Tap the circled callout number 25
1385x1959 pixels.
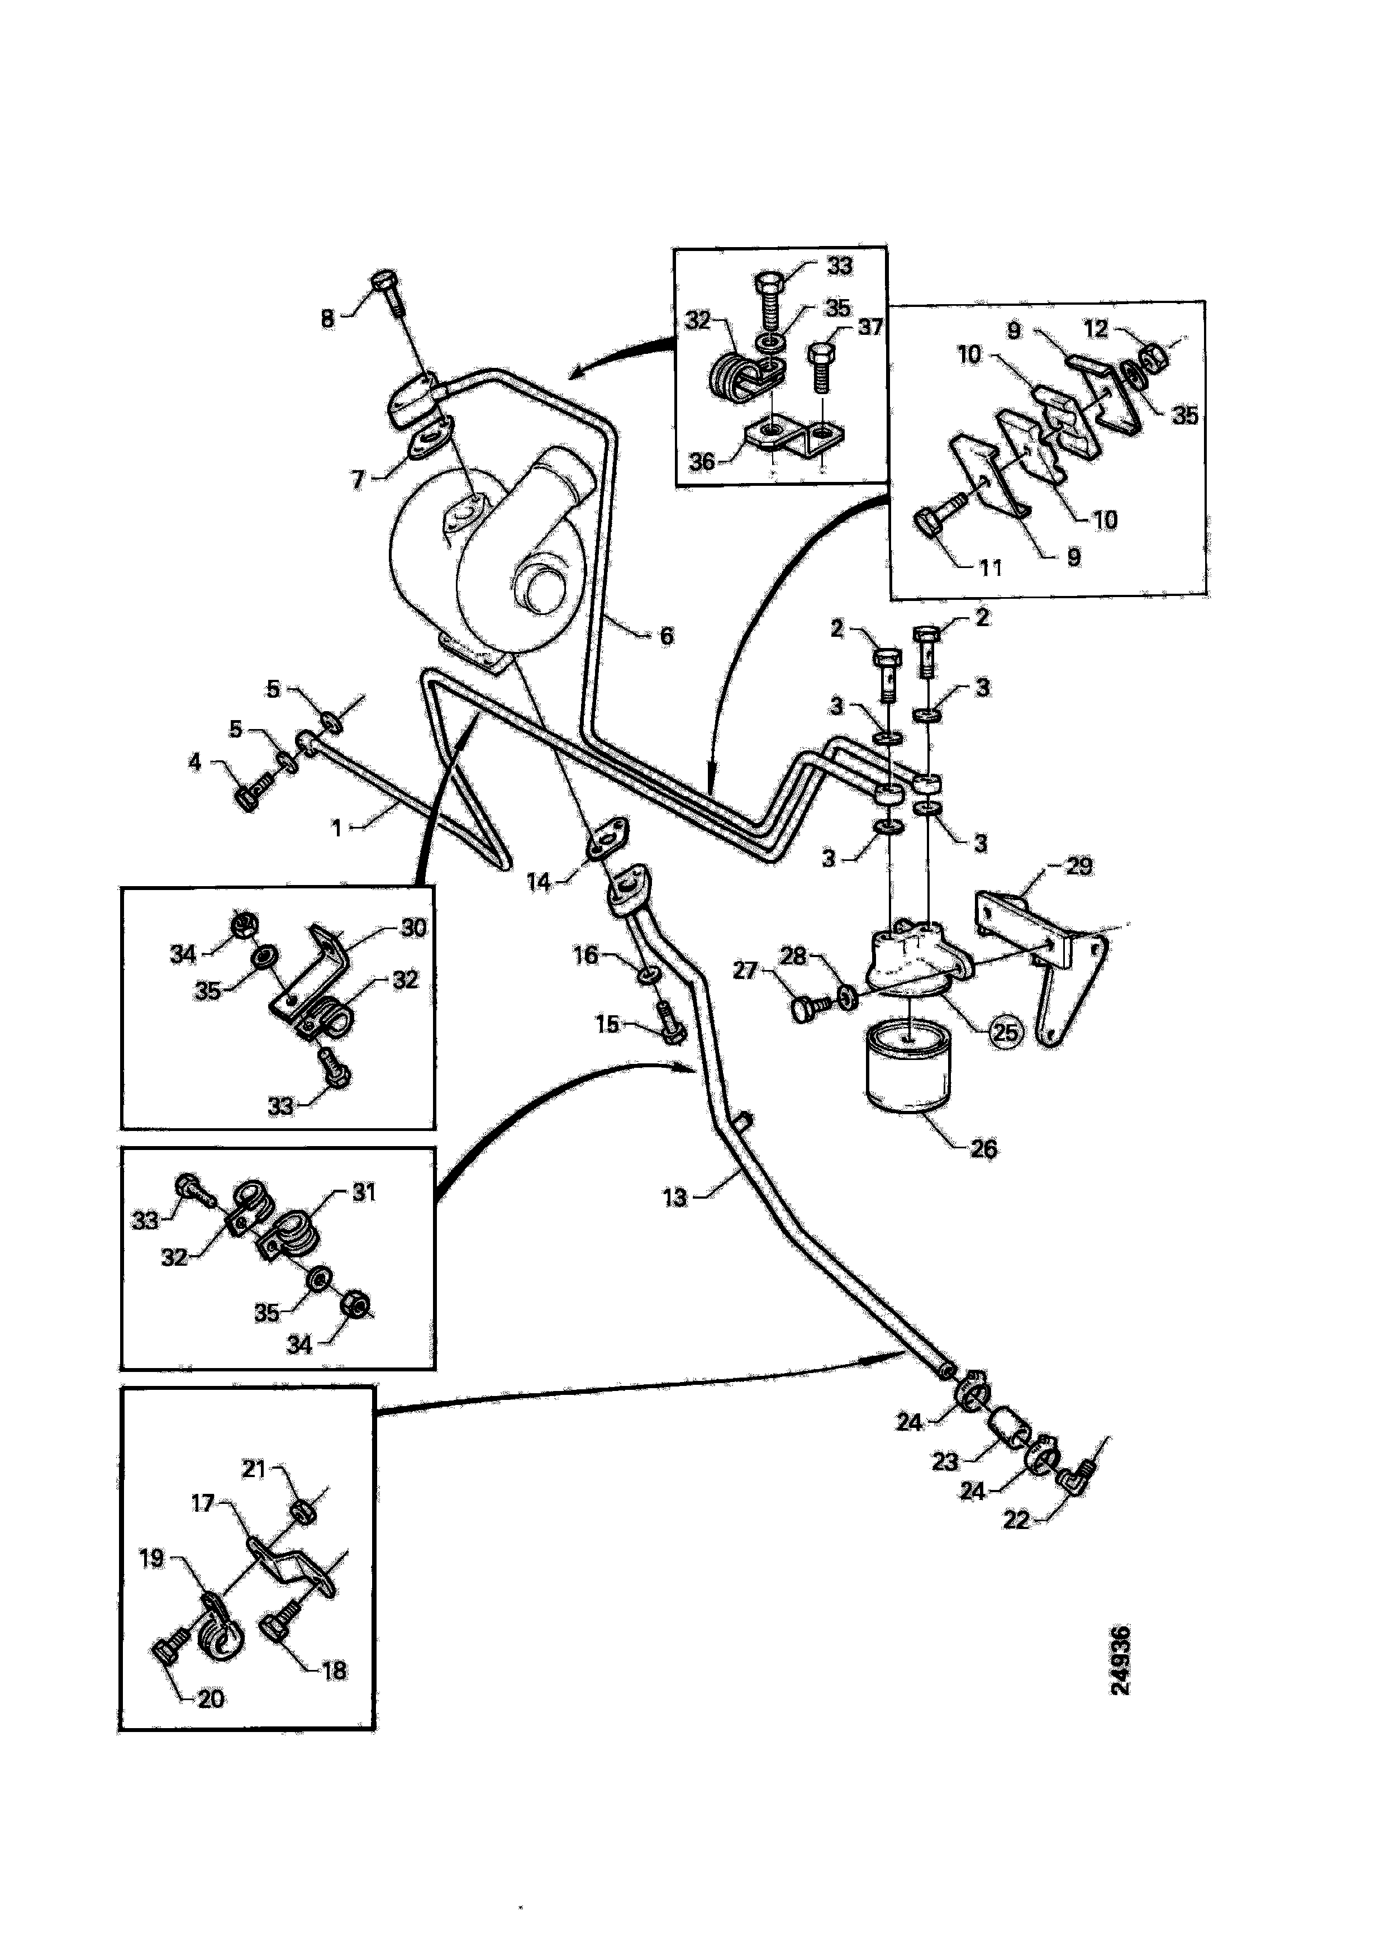1006,1033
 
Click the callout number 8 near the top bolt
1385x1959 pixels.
327,319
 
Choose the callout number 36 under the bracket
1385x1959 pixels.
701,462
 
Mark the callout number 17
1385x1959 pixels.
202,1503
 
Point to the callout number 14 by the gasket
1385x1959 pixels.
538,882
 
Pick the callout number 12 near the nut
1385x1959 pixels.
1096,329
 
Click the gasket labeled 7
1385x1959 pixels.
424,443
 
